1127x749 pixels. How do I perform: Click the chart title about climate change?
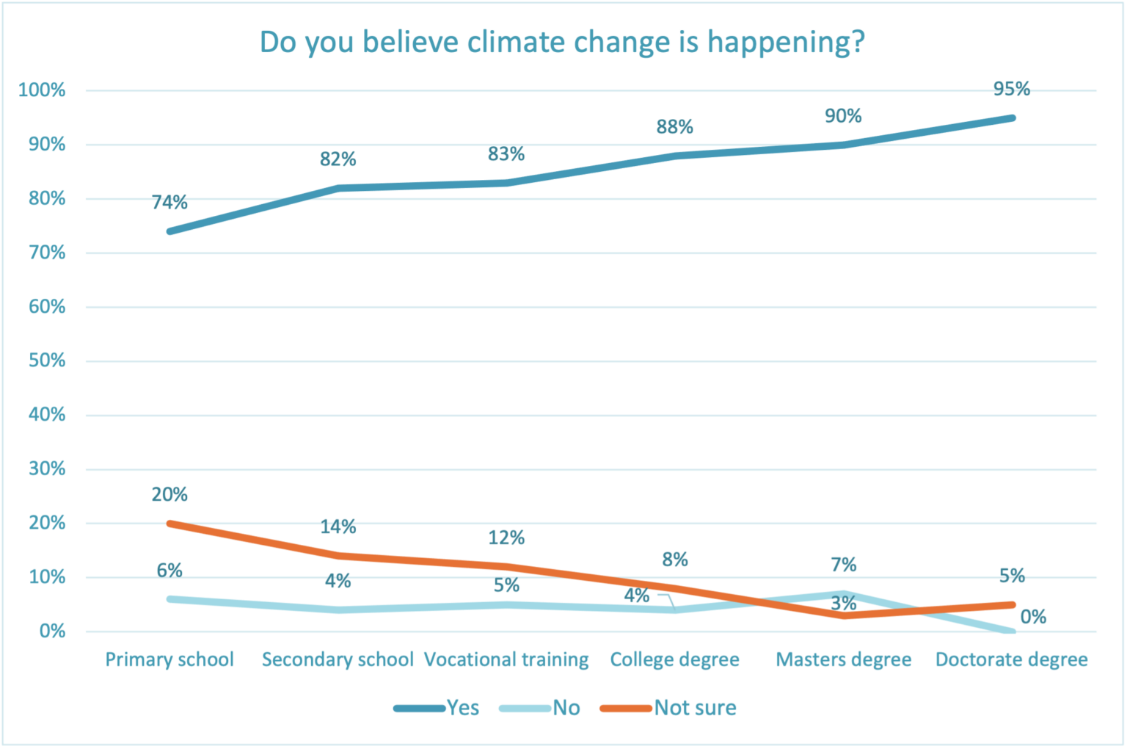(562, 42)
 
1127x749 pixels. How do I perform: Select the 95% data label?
(1012, 89)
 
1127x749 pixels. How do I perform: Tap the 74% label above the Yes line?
(169, 202)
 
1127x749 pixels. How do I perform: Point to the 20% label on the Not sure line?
(169, 494)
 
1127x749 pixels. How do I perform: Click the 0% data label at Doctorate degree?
(1033, 617)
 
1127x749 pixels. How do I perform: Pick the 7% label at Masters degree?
(844, 564)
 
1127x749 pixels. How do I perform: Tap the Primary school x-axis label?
(169, 659)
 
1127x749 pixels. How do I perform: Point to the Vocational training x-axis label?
(506, 659)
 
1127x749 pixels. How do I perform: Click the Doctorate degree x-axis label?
(1011, 659)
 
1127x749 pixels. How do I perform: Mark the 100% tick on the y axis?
(42, 90)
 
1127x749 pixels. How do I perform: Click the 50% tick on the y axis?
(47, 361)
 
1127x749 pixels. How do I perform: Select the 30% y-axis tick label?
(47, 468)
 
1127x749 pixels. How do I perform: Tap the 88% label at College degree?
(675, 127)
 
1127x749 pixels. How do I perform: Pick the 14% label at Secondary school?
(338, 527)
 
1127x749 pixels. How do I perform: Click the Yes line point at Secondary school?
(338, 188)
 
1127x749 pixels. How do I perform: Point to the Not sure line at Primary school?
(170, 524)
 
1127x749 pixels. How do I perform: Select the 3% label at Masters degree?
(844, 603)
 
